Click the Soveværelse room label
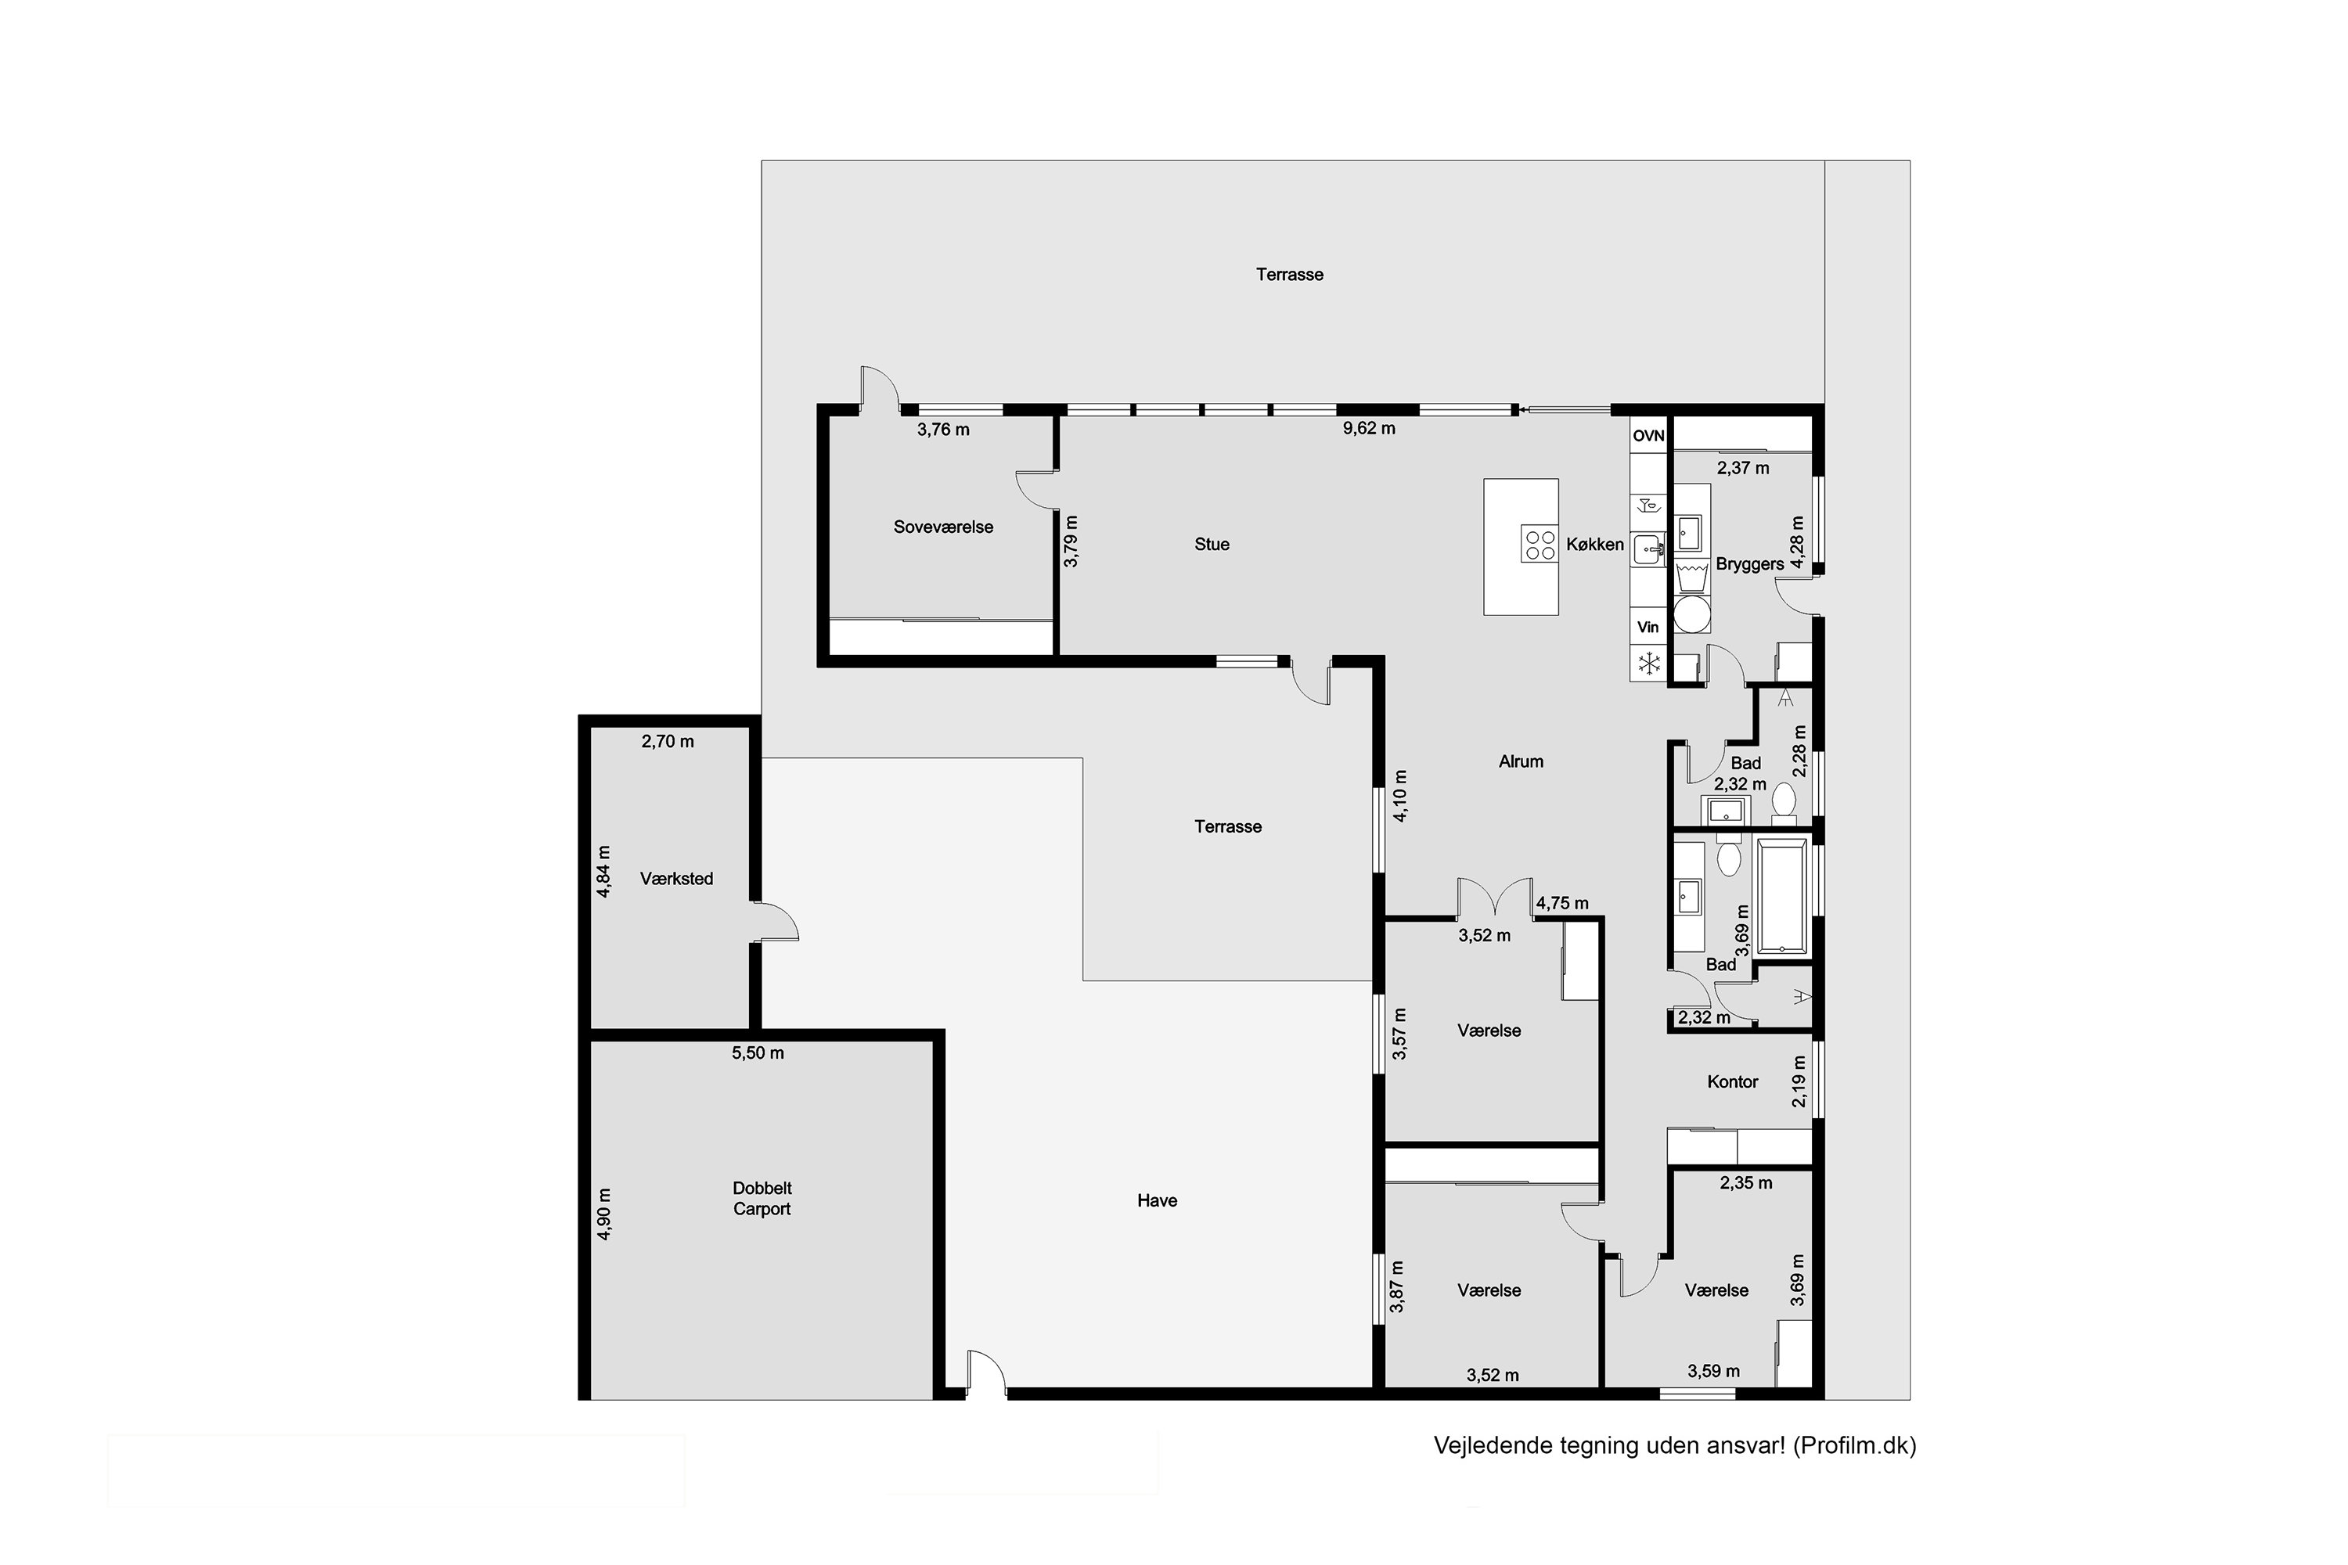(x=942, y=527)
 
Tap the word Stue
(x=1211, y=544)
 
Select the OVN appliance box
(x=1648, y=435)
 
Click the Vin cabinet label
(x=1648, y=627)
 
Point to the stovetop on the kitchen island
(x=1539, y=544)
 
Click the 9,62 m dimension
(x=1369, y=428)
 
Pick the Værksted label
(x=676, y=878)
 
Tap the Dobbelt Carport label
(x=762, y=1198)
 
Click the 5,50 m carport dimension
(x=758, y=1053)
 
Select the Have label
(x=1157, y=1200)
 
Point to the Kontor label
(x=1732, y=1081)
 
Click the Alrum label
(x=1521, y=761)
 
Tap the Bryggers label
(x=1749, y=564)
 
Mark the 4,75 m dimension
(x=1562, y=903)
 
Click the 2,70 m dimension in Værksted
(x=668, y=742)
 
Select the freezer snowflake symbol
(x=1648, y=663)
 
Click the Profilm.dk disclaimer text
(x=1674, y=1446)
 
